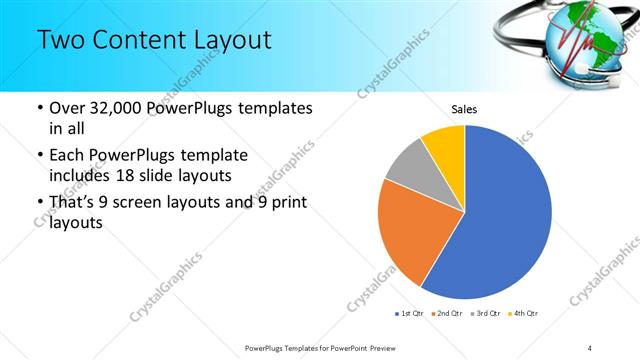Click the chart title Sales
pos(463,108)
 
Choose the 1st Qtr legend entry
pos(411,314)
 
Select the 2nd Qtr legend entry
pos(448,314)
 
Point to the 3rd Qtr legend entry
pos(487,314)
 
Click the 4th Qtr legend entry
pos(524,314)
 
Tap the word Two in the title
pos(62,41)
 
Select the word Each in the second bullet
pos(68,156)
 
